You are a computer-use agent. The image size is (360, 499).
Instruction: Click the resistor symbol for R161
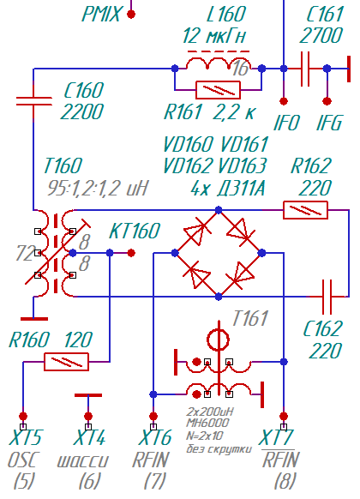(x=219, y=90)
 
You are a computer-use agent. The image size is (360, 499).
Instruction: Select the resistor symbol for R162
(x=305, y=210)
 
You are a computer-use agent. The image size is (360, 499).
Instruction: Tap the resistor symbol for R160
(x=66, y=362)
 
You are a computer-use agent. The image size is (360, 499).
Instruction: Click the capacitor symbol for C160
(x=33, y=100)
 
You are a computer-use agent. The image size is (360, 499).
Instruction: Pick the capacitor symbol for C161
(x=304, y=69)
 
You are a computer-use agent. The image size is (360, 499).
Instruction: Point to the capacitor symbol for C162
(x=327, y=297)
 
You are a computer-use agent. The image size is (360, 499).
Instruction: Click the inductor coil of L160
(x=219, y=63)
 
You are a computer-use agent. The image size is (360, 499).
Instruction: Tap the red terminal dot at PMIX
(x=131, y=14)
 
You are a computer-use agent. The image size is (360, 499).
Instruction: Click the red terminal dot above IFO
(x=284, y=101)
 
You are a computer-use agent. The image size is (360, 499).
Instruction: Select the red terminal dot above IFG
(x=327, y=101)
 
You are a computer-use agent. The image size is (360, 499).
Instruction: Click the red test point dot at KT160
(x=131, y=253)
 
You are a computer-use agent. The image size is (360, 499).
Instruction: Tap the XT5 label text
(x=25, y=437)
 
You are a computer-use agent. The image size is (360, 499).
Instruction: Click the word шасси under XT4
(x=83, y=460)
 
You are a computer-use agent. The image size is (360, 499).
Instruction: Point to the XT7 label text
(x=276, y=437)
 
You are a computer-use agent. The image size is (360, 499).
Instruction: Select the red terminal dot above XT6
(x=153, y=416)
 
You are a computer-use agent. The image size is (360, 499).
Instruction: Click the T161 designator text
(x=250, y=318)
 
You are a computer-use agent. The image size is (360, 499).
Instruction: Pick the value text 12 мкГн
(x=214, y=36)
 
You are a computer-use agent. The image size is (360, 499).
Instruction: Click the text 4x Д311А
(x=228, y=189)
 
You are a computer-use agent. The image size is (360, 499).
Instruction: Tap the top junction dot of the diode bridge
(x=219, y=210)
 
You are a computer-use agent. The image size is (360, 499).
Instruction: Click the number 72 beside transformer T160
(x=25, y=254)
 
